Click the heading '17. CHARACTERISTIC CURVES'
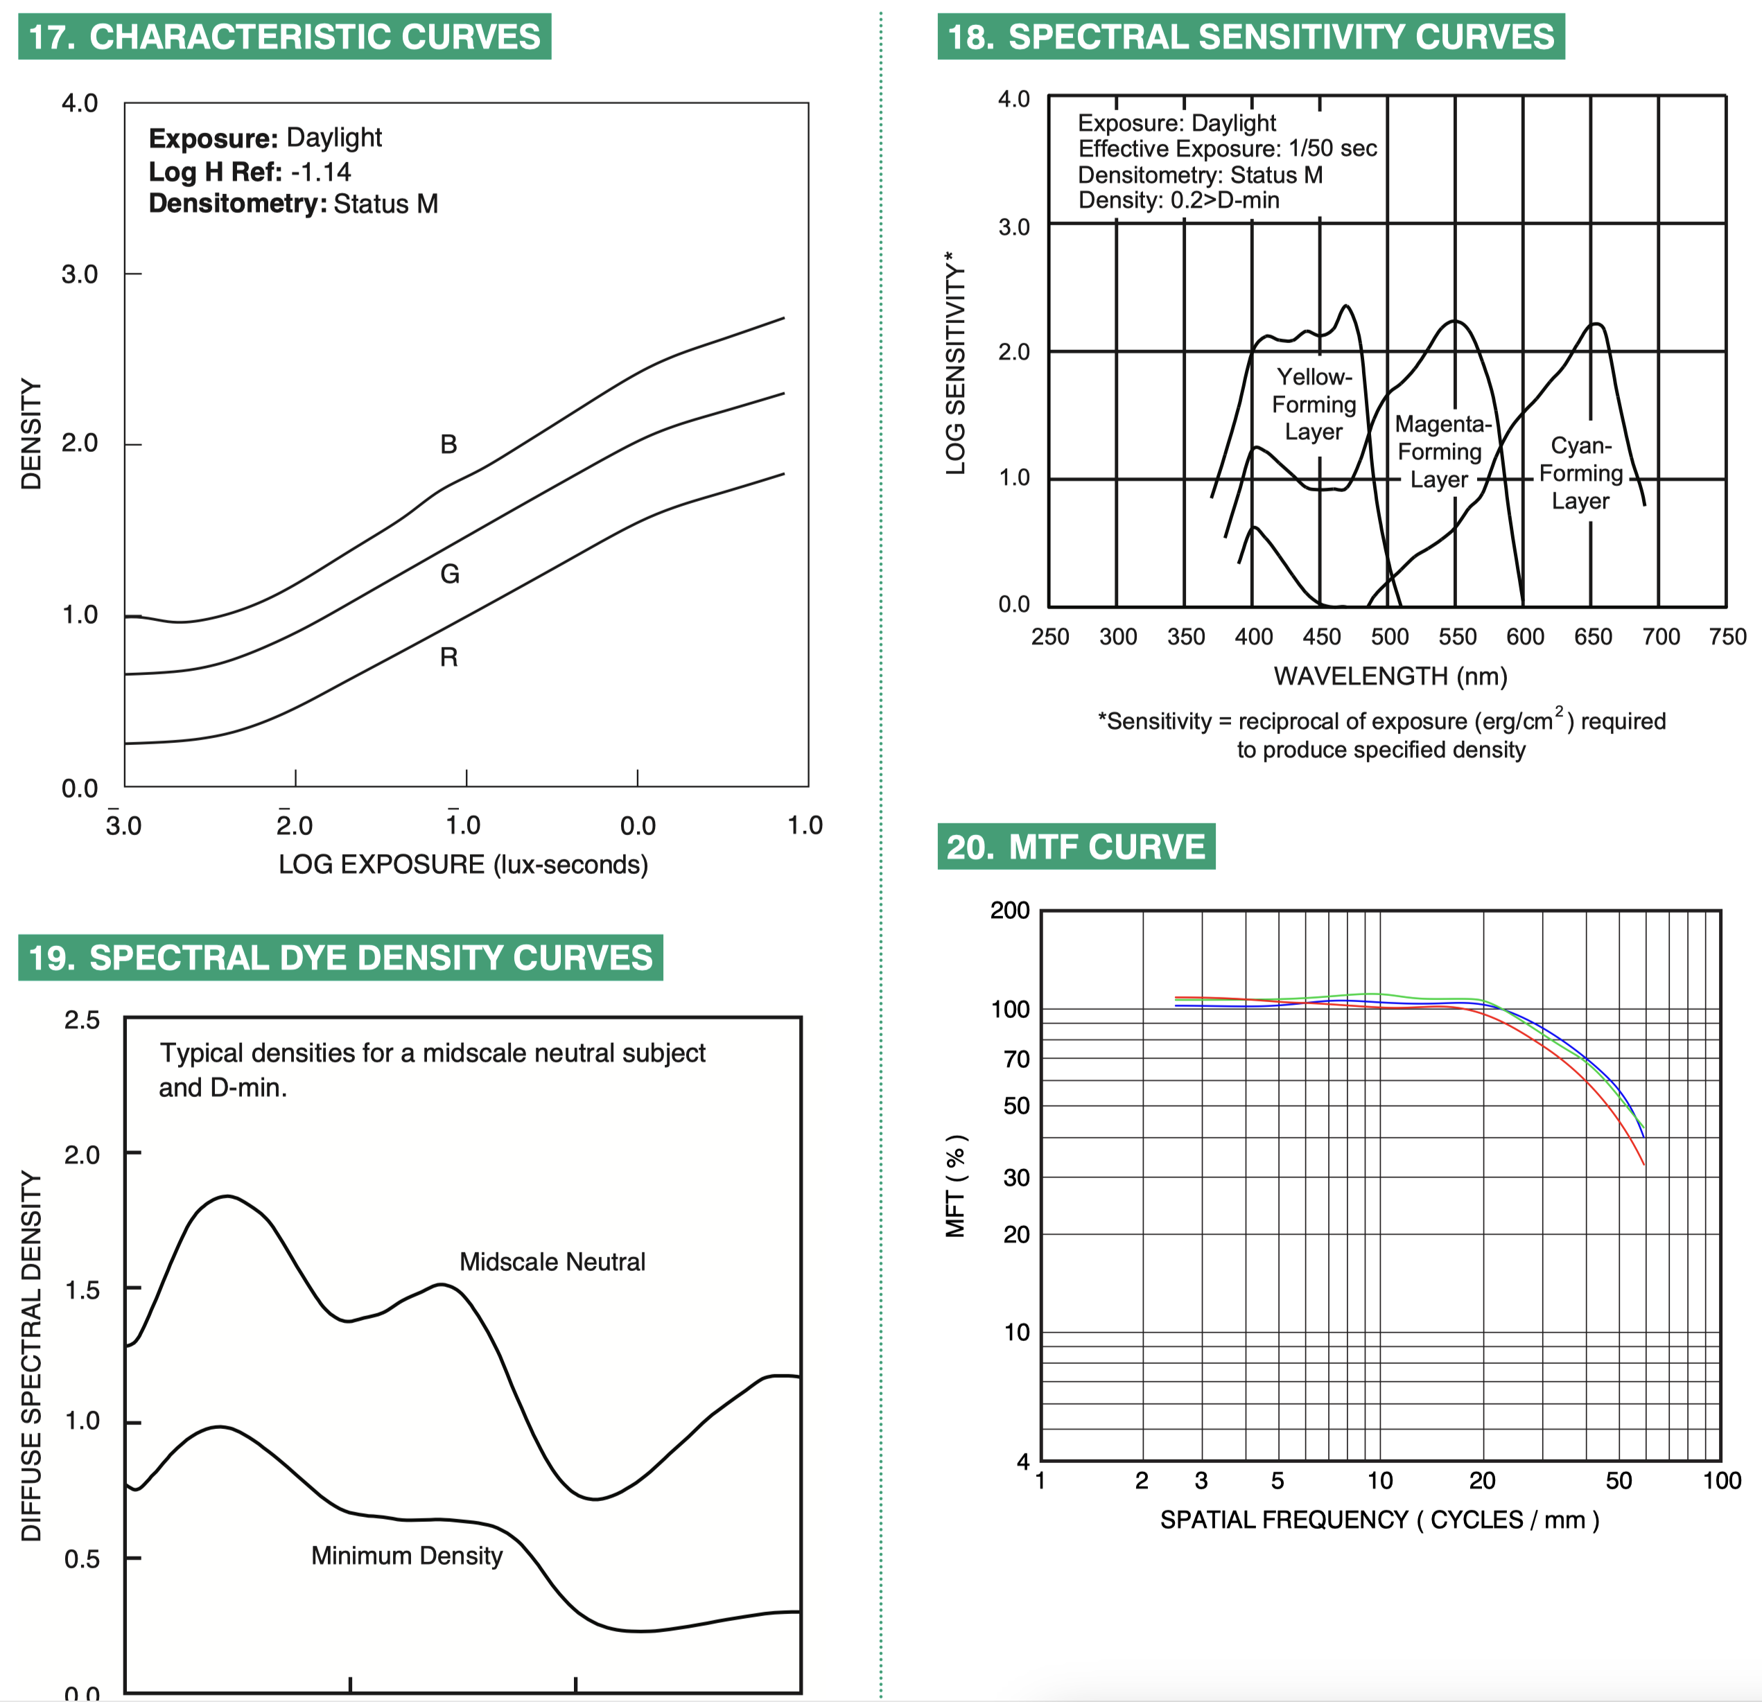284,37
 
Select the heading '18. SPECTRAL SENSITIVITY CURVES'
1250,37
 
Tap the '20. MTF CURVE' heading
1076,847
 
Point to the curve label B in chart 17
448,444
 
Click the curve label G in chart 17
449,573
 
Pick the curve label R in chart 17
448,658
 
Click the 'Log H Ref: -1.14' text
250,172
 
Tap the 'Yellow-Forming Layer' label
1314,405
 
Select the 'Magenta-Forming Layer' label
1441,451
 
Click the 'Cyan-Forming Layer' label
1581,473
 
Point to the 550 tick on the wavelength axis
1457,637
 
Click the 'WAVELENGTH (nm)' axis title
1390,676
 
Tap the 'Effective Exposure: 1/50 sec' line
1227,148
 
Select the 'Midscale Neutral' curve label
552,1262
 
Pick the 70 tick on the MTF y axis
1016,1060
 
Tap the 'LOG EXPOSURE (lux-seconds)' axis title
463,864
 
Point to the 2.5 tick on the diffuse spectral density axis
82,1020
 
